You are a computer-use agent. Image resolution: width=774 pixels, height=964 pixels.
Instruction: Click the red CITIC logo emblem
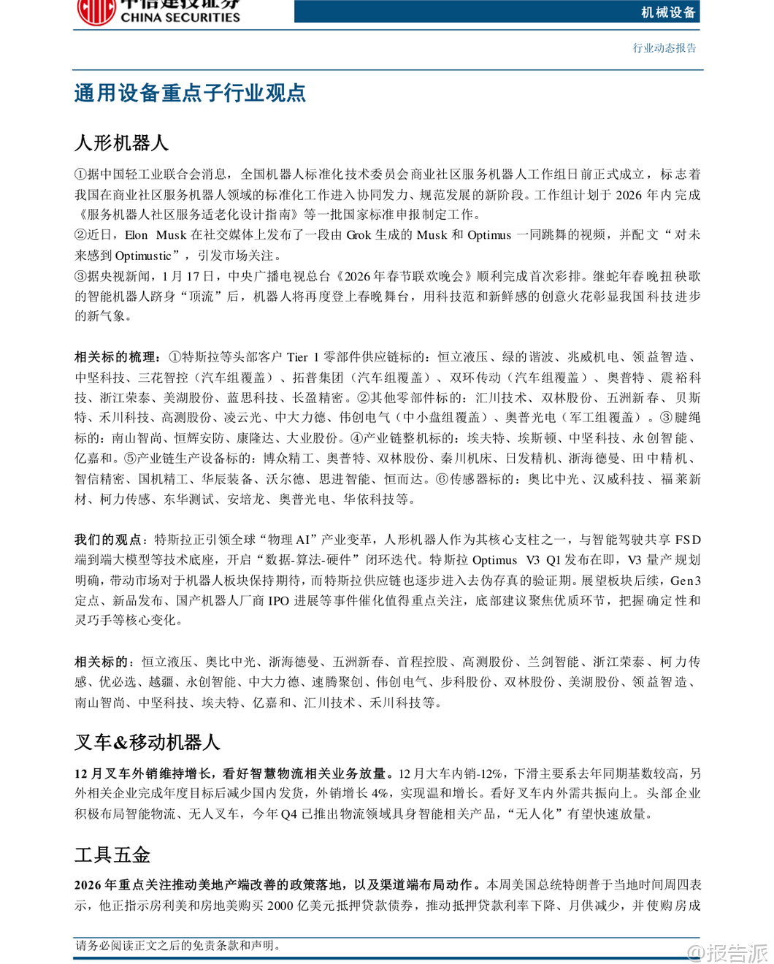(x=96, y=11)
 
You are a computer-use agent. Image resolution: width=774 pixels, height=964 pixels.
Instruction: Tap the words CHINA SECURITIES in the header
(x=180, y=17)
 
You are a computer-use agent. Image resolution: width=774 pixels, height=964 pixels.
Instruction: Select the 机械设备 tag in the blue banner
(x=668, y=12)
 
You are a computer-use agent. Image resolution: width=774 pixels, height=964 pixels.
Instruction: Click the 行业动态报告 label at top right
(x=664, y=48)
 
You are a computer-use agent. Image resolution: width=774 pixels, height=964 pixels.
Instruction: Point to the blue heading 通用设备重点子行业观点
(x=190, y=93)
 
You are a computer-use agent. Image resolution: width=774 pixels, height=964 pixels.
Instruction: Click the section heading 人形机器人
(x=121, y=142)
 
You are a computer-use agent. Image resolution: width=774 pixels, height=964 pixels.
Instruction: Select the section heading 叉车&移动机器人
(x=147, y=742)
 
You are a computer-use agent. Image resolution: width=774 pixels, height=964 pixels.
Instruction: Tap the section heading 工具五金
(x=112, y=854)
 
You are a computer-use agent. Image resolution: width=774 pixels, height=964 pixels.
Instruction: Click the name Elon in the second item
(x=137, y=235)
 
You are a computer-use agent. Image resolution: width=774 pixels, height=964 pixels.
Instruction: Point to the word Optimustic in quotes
(x=143, y=256)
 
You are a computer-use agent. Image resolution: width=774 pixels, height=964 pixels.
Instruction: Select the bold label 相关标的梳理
(x=115, y=357)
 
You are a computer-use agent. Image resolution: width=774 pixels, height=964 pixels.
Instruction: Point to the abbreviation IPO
(x=278, y=600)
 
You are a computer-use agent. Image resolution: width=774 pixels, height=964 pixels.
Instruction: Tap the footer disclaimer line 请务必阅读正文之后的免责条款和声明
(x=178, y=945)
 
